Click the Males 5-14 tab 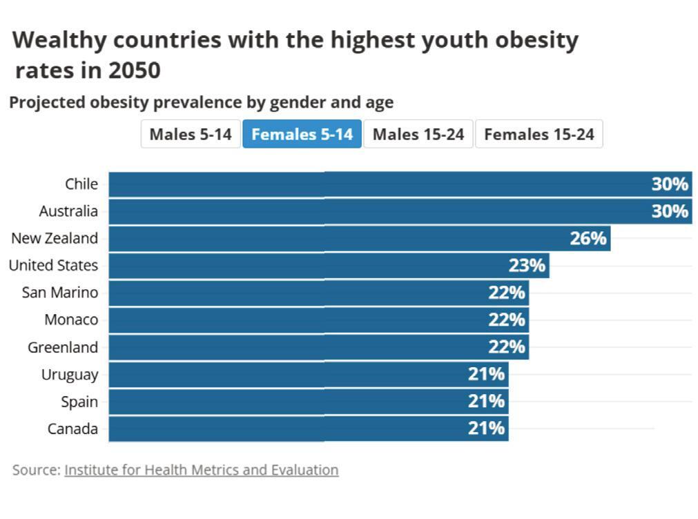click(x=191, y=134)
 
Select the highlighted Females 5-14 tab click(x=302, y=134)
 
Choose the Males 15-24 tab click(x=418, y=134)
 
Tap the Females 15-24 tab click(x=539, y=134)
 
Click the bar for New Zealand click(x=359, y=239)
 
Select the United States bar click(x=329, y=266)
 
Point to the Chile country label click(x=81, y=184)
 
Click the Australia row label click(x=68, y=211)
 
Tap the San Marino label click(x=60, y=293)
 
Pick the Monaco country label click(x=71, y=320)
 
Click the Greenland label click(x=63, y=347)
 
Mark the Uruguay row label click(x=70, y=375)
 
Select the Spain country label click(x=79, y=402)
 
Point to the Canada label click(x=72, y=429)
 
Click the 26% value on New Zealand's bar click(x=588, y=239)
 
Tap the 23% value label click(x=527, y=266)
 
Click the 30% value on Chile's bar click(x=670, y=184)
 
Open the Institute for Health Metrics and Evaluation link click(x=202, y=470)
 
